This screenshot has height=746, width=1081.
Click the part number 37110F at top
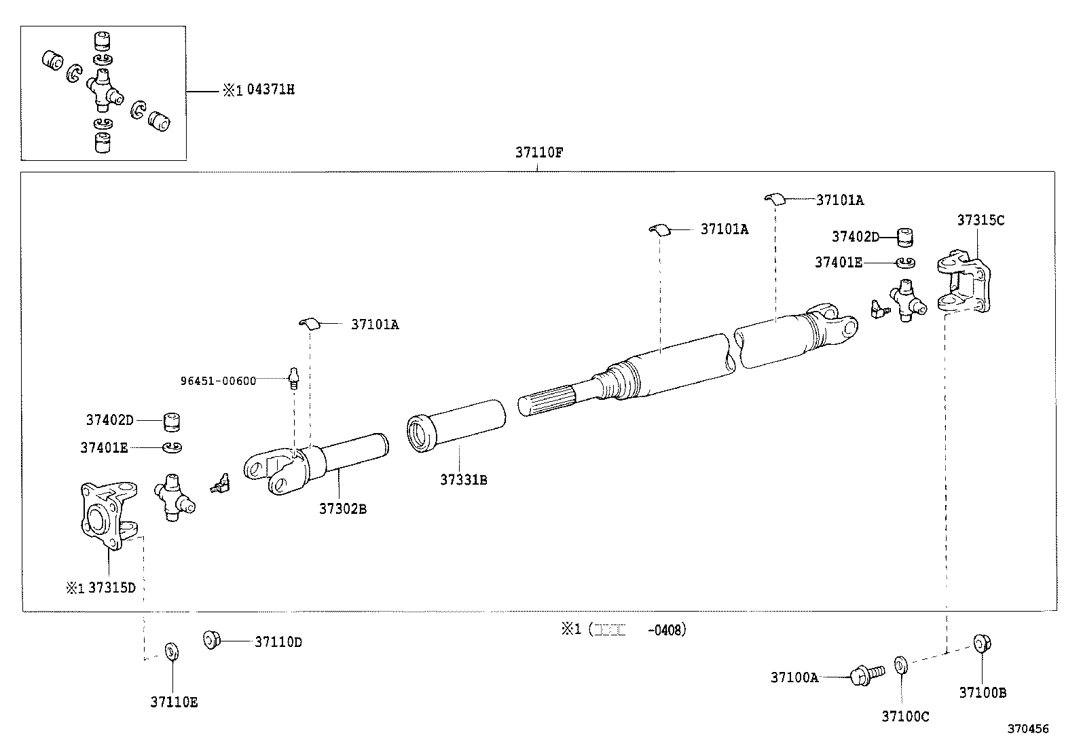tap(538, 153)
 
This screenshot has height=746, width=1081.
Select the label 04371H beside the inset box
tap(271, 90)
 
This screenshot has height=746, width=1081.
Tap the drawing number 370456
tap(1027, 729)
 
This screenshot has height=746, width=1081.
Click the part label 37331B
tap(463, 480)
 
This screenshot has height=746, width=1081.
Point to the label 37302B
tap(343, 508)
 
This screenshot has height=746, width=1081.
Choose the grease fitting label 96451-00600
tap(218, 381)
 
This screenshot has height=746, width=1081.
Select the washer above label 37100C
tap(900, 663)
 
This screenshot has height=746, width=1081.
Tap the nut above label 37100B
tap(980, 643)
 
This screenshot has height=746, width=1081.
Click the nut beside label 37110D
tap(212, 639)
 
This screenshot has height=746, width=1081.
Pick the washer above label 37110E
tap(172, 652)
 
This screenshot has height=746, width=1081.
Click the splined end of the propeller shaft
tap(547, 401)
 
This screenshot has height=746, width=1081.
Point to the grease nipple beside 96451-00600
tap(293, 377)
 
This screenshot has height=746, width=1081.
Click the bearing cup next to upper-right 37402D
tap(905, 237)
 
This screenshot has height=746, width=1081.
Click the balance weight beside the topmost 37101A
tap(774, 198)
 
